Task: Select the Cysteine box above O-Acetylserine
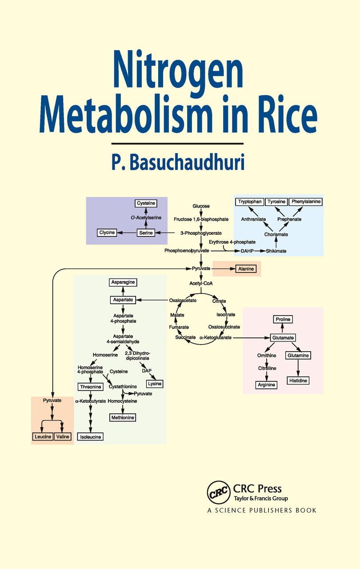tap(146, 203)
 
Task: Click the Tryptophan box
tap(250, 201)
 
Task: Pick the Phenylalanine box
tap(305, 201)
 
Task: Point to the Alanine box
tap(246, 269)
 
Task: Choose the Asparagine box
tap(123, 282)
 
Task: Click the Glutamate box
tap(283, 338)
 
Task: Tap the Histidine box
tap(298, 381)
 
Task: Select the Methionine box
tap(122, 417)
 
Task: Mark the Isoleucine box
tap(91, 437)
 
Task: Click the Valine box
tap(63, 437)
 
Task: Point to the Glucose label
tap(201, 206)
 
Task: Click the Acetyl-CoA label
tap(201, 283)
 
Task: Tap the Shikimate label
tap(276, 251)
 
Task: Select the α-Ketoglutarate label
tap(216, 338)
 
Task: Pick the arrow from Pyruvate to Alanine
tap(222, 269)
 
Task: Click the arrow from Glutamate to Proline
tap(283, 329)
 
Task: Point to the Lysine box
tap(155, 384)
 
